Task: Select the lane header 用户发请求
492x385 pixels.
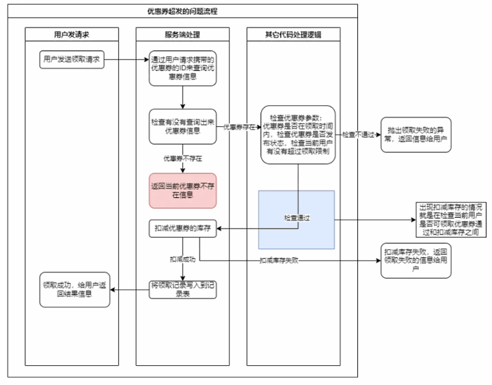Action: coord(72,33)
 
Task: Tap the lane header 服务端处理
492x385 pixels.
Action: coord(182,33)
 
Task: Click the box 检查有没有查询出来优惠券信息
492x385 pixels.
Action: coord(182,126)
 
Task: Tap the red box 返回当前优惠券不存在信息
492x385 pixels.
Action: coord(182,190)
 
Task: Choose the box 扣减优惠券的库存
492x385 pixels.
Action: coord(182,229)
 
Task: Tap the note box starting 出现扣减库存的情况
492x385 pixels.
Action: coord(450,219)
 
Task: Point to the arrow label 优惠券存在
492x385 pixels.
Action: coord(238,127)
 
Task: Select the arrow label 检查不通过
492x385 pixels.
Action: coord(358,134)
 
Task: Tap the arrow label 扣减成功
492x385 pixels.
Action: coord(182,259)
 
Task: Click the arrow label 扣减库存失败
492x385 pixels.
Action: coord(279,261)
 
